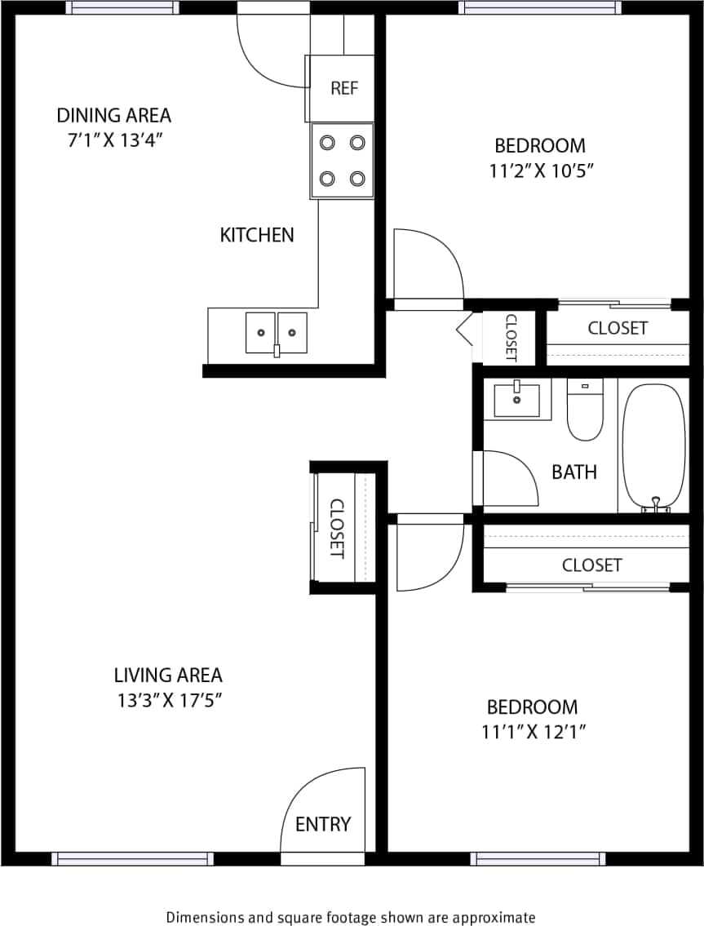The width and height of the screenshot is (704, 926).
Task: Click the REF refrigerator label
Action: click(343, 88)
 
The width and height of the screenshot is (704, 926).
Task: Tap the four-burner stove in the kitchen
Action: click(342, 160)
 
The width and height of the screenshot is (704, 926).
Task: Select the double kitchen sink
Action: click(277, 333)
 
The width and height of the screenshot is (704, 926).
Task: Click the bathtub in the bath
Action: click(653, 445)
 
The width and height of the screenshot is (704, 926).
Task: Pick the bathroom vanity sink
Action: click(517, 399)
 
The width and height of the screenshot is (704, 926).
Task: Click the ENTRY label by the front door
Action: click(323, 824)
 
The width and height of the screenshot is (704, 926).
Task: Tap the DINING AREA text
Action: click(114, 115)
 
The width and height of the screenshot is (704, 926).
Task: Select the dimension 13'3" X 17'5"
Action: click(168, 700)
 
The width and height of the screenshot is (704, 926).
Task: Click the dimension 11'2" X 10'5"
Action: click(540, 171)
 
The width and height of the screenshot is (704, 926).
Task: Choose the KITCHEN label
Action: click(257, 235)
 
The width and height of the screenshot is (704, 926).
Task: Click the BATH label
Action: click(574, 472)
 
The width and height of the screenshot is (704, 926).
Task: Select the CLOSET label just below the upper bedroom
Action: click(618, 328)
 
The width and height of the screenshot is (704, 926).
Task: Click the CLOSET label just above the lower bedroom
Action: click(591, 565)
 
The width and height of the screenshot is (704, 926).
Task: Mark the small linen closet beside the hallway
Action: click(510, 337)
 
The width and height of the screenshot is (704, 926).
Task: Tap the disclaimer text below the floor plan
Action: click(351, 917)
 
